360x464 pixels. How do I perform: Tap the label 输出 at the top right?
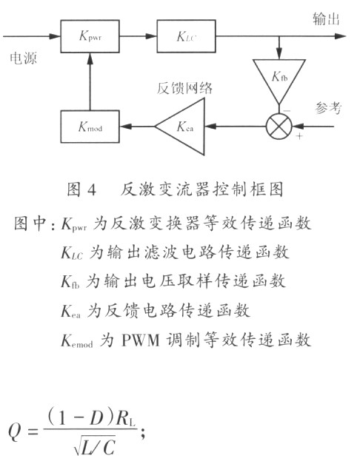pos(326,20)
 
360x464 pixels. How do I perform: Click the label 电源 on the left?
pos(21,57)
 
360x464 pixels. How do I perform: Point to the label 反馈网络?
pos(184,88)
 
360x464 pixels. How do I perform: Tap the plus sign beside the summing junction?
pos(299,137)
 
